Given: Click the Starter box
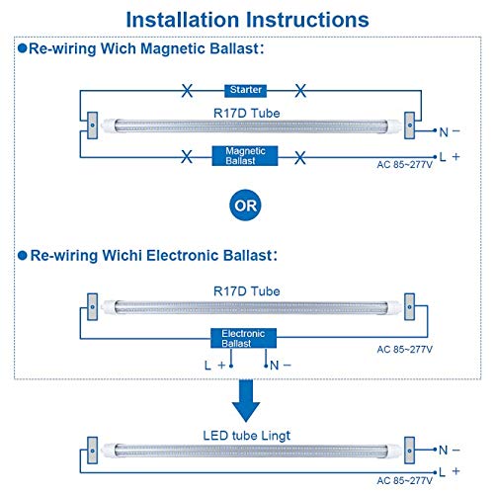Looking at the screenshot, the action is [x=245, y=90].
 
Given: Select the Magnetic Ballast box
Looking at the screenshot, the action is [x=245, y=156].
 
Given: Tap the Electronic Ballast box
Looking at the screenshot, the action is [x=243, y=338].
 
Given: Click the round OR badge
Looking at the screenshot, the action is [x=245, y=205].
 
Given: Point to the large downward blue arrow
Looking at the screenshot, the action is [x=246, y=401].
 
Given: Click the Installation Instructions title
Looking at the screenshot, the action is [x=247, y=20].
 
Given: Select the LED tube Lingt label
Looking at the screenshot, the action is [x=247, y=436].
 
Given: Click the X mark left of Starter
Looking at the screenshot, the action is [x=187, y=90].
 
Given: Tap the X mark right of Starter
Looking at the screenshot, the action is [x=300, y=90].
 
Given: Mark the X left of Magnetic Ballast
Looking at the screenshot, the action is [x=187, y=157].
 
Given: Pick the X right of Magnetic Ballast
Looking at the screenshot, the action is [x=300, y=158].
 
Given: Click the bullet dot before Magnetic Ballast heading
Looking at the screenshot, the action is [x=23, y=48].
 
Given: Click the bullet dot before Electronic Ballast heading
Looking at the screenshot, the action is [x=23, y=255].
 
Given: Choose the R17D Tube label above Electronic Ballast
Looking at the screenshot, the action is [x=247, y=291].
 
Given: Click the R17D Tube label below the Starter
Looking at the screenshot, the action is [x=247, y=114].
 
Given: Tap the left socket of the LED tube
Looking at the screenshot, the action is [x=92, y=451].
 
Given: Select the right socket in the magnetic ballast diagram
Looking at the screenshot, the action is [x=410, y=125].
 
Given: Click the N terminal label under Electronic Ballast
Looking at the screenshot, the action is [x=281, y=366].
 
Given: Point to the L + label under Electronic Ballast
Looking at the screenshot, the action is [x=214, y=366].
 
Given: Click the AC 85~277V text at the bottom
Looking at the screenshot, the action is [x=404, y=481].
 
